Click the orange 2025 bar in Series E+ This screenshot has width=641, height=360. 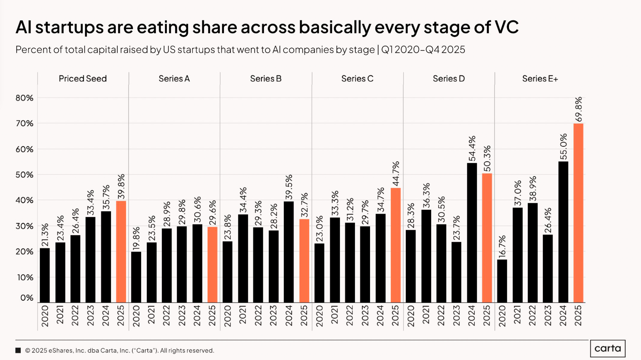click(x=578, y=213)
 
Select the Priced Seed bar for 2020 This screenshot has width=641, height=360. click(x=45, y=275)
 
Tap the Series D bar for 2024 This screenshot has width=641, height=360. click(x=472, y=233)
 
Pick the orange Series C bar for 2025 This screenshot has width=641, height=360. click(x=396, y=245)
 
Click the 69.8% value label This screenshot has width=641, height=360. click(x=578, y=109)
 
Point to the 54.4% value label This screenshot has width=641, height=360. click(x=472, y=148)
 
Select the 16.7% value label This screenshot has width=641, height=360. click(x=502, y=247)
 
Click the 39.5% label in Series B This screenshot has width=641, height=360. click(x=289, y=187)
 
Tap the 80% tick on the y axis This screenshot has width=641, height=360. click(x=24, y=98)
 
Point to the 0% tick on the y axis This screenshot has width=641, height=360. click(x=27, y=298)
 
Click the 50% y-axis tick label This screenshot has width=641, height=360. click(x=24, y=175)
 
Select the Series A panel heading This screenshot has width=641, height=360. click(x=174, y=79)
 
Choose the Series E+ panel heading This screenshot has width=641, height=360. click(x=540, y=79)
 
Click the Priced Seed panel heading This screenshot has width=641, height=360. click(x=83, y=79)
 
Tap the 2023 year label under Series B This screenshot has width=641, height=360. click(x=273, y=316)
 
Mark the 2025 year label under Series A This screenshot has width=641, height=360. click(x=212, y=316)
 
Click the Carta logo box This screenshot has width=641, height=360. click(x=608, y=349)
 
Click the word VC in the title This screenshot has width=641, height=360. click(x=507, y=27)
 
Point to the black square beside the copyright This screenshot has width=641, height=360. click(x=18, y=350)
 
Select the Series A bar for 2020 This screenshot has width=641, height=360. click(x=136, y=277)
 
